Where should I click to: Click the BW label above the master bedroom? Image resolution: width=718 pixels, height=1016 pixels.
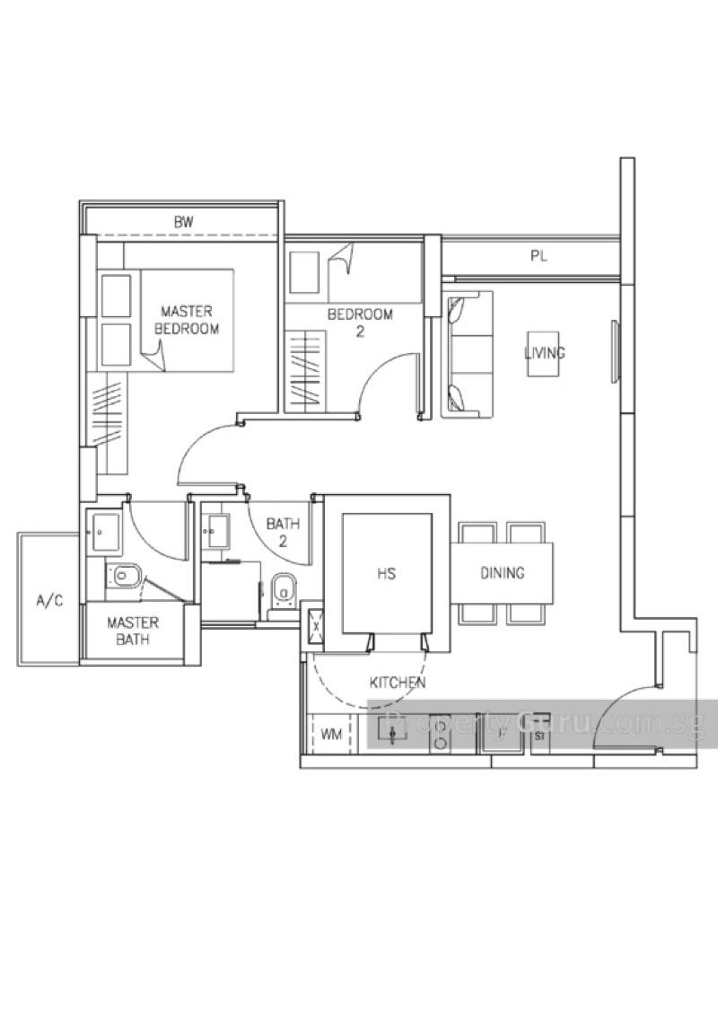coord(184,221)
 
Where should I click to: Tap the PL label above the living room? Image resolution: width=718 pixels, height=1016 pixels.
coord(538,256)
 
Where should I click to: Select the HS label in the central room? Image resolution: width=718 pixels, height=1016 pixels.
coord(387,573)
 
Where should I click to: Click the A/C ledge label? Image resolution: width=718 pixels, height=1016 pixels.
coord(49,601)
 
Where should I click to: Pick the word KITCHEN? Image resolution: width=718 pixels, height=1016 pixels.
coord(397,683)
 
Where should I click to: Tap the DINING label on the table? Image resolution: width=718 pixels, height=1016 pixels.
coord(502,573)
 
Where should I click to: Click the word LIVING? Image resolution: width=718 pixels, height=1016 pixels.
coord(545,352)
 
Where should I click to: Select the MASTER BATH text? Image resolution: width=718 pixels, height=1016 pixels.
coord(133,631)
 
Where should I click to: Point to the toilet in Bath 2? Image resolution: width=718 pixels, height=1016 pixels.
coord(283,590)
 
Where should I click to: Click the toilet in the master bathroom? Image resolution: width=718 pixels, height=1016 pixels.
coord(127,575)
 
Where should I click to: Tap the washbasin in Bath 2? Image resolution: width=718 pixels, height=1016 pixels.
coord(215,530)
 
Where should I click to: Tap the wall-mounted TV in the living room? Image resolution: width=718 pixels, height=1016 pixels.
coord(615,351)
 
